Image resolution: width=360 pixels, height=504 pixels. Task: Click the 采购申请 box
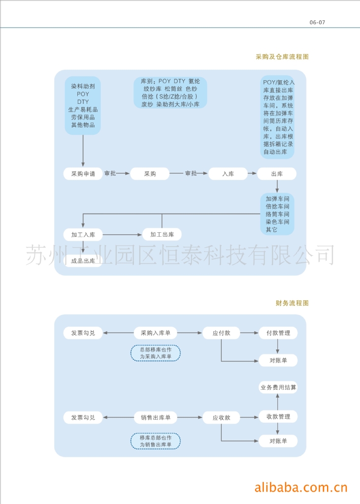83,174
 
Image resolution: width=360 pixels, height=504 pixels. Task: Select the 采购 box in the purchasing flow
150,174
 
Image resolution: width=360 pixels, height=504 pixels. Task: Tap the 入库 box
228,174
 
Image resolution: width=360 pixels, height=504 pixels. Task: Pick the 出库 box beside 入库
277,174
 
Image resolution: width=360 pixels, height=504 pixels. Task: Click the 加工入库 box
83,234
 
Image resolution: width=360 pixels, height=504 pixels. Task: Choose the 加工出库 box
162,234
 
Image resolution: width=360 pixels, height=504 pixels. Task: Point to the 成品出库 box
83,261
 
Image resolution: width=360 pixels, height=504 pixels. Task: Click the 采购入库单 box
155,333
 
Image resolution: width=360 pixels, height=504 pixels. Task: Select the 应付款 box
221,333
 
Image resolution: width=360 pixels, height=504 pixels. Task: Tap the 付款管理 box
278,333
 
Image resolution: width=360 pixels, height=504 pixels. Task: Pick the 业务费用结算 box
278,387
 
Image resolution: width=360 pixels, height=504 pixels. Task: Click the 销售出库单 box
155,417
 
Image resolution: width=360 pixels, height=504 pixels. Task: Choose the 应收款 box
221,417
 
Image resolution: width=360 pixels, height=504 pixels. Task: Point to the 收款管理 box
278,417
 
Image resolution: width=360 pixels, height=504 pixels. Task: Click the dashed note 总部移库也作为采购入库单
155,353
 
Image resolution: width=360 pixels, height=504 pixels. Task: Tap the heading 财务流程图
292,303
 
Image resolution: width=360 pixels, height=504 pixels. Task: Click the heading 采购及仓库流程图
282,57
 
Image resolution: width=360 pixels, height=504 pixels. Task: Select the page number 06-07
318,22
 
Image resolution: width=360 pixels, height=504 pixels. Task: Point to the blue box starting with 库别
170,93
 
